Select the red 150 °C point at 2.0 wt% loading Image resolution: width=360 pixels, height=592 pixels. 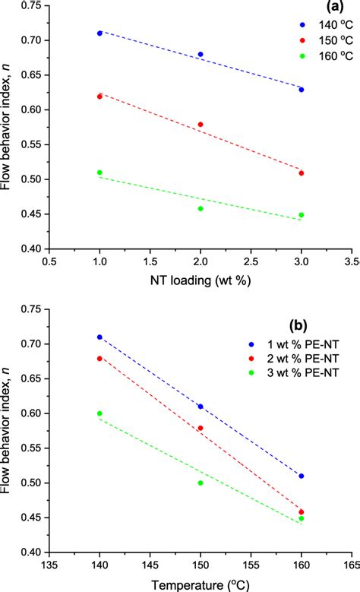[x=201, y=125]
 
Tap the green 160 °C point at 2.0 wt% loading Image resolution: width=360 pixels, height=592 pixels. [x=201, y=208]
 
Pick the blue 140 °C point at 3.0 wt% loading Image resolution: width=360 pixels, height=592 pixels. [x=302, y=90]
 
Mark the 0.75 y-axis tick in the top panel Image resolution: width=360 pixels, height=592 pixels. [x=28, y=6]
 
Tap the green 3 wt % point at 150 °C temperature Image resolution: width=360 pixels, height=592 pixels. [x=201, y=483]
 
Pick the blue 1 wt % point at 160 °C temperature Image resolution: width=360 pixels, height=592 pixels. [x=302, y=476]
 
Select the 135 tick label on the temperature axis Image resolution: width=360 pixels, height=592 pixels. [x=49, y=565]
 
